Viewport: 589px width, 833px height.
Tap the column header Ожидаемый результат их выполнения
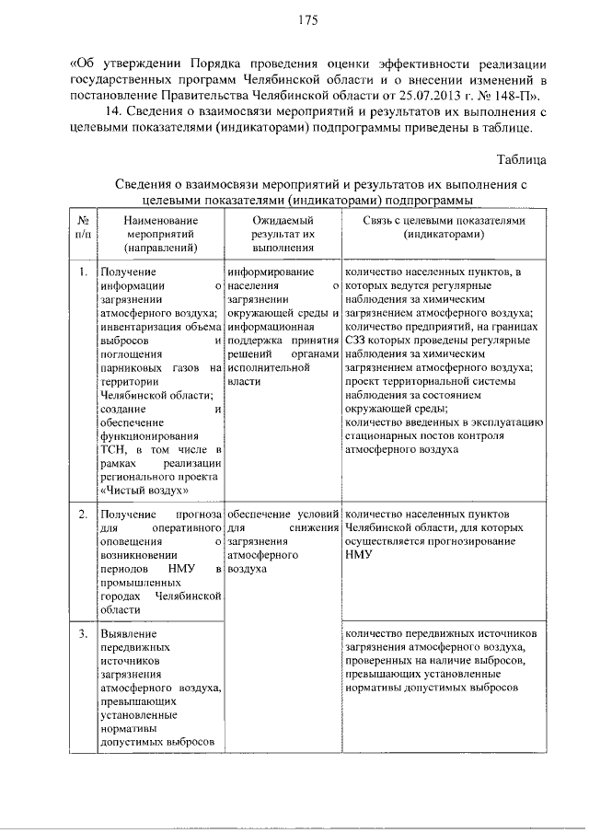pyautogui.click(x=283, y=235)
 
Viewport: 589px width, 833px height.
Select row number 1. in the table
pyautogui.click(x=83, y=272)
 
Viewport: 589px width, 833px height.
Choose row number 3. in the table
pyautogui.click(x=83, y=633)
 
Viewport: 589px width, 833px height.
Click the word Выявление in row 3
pyautogui.click(x=130, y=634)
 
